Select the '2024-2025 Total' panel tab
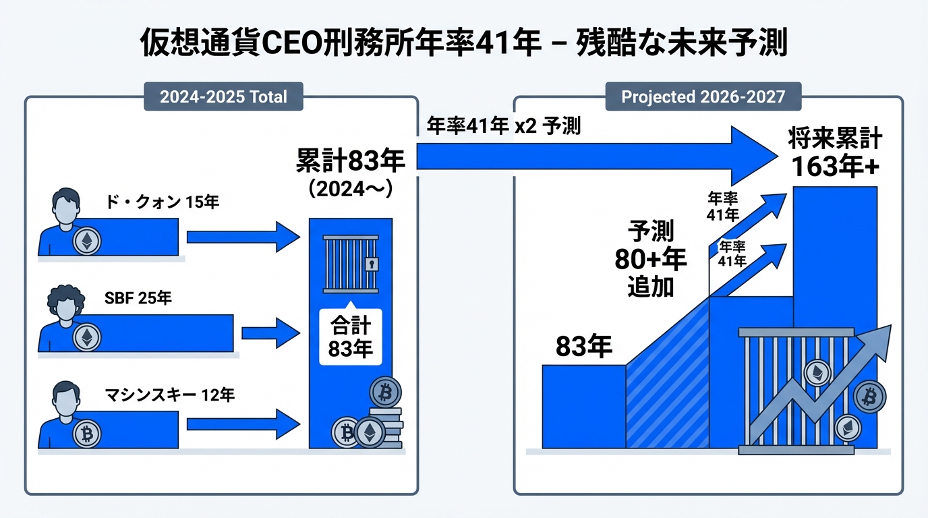pyautogui.click(x=223, y=96)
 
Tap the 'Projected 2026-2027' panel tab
pyautogui.click(x=703, y=96)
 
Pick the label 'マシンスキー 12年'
pyautogui.click(x=170, y=395)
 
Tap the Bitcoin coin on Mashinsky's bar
pyautogui.click(x=86, y=434)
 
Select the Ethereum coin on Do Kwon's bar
pyautogui.click(x=86, y=241)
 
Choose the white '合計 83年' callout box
pyautogui.click(x=350, y=337)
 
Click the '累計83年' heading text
pyautogui.click(x=350, y=162)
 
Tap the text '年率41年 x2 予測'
pyautogui.click(x=504, y=127)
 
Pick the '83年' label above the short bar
pyautogui.click(x=584, y=347)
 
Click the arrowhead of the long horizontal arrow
pyautogui.click(x=752, y=156)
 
